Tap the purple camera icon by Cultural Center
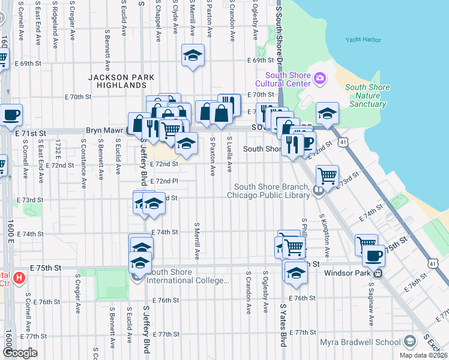[319, 78]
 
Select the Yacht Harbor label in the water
[363, 40]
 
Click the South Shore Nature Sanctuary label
[367, 95]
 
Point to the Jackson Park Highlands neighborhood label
[121, 82]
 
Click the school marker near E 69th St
[193, 56]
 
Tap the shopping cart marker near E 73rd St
[327, 176]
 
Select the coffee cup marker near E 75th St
[374, 255]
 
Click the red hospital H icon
[19, 278]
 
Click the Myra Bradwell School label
[367, 342]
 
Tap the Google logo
[20, 353]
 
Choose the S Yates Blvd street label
[282, 334]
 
